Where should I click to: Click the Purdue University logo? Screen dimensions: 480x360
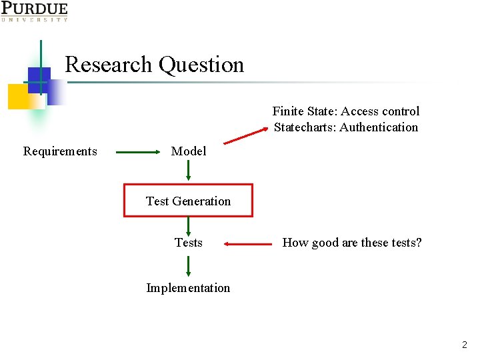pyautogui.click(x=34, y=11)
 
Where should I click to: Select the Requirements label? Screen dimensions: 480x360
pyautogui.click(x=60, y=151)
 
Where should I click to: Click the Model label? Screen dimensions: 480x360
pyautogui.click(x=189, y=151)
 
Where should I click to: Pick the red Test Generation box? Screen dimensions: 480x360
pyautogui.click(x=188, y=201)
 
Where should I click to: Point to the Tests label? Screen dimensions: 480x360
pyautogui.click(x=189, y=243)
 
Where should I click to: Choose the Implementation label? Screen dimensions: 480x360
pyautogui.click(x=188, y=288)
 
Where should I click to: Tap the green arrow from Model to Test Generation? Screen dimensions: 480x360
pyautogui.click(x=189, y=171)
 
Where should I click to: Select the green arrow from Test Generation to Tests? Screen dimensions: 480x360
pyautogui.click(x=189, y=225)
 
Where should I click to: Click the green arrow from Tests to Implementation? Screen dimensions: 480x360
pyautogui.click(x=189, y=265)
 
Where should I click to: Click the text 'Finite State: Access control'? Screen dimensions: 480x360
pyautogui.click(x=346, y=111)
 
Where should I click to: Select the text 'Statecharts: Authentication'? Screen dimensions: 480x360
pyautogui.click(x=346, y=127)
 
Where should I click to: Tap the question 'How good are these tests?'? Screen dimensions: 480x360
pyautogui.click(x=352, y=243)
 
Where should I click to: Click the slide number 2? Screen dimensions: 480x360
pyautogui.click(x=465, y=345)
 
